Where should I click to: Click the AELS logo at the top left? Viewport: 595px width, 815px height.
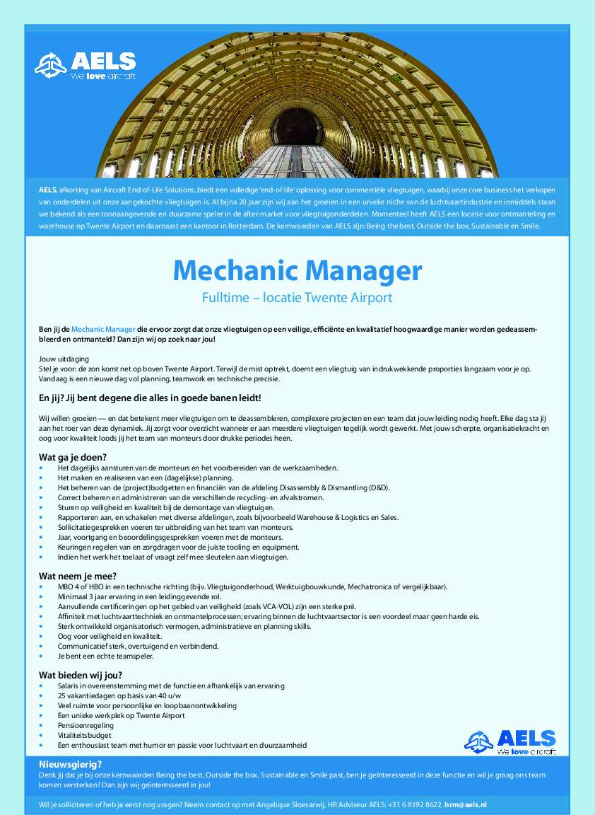tap(86, 66)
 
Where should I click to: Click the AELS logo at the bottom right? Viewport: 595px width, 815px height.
tap(510, 741)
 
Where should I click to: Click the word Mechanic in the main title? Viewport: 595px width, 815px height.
tap(235, 270)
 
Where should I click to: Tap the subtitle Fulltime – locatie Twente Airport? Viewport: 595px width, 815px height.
tap(297, 298)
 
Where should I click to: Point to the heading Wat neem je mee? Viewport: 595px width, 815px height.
tap(78, 575)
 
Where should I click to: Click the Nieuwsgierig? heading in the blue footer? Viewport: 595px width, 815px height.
tap(71, 764)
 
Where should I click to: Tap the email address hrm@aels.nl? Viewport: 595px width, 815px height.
tap(466, 804)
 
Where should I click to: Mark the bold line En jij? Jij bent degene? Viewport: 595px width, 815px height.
tap(150, 398)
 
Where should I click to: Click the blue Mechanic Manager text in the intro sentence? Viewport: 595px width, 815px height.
tap(103, 330)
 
